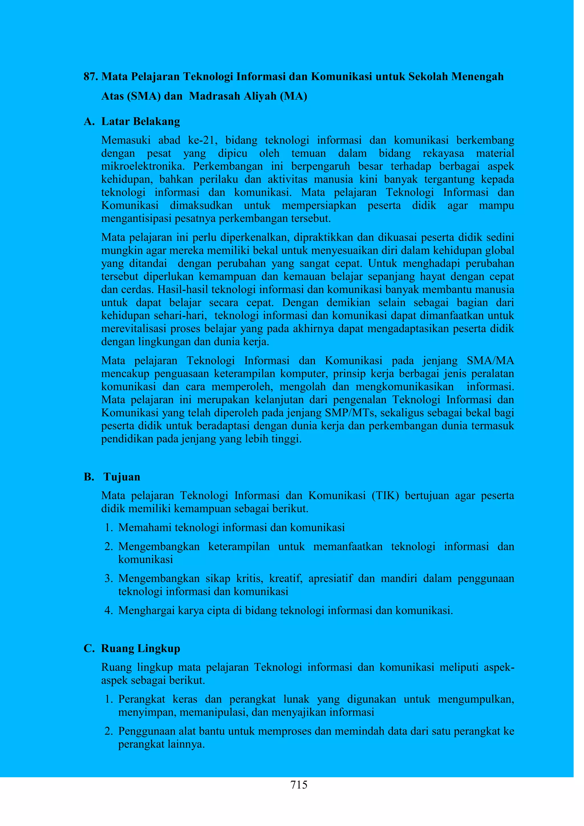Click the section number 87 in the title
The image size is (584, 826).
[x=91, y=77]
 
